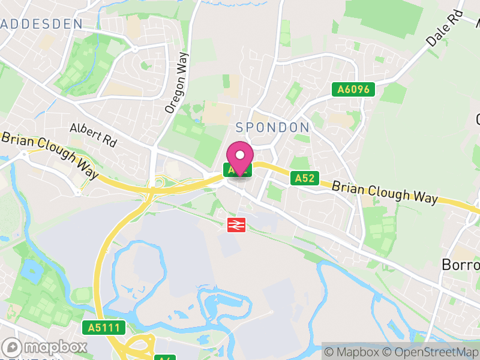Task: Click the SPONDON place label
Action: click(272, 127)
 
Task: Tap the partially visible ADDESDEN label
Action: click(41, 25)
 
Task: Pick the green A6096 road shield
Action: click(354, 90)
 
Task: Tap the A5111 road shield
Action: click(104, 328)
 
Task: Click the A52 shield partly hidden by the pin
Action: click(230, 170)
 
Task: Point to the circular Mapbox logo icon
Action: click(12, 347)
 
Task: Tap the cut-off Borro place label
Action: click(460, 264)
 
